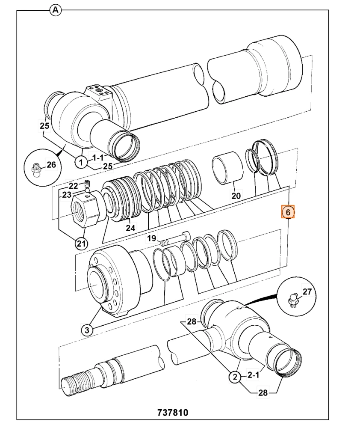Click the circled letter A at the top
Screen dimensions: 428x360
coord(55,10)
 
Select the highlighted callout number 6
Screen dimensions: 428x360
coord(288,212)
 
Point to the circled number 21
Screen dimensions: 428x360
coord(80,244)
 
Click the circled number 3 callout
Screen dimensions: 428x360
coord(87,330)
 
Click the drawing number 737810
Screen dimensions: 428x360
coord(173,413)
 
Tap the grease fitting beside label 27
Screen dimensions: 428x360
coord(292,299)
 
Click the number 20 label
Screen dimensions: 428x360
coord(236,196)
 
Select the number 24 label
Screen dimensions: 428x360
coord(130,229)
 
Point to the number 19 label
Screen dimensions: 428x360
coord(152,238)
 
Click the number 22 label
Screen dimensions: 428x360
coord(74,186)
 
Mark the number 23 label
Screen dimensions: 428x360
coord(66,195)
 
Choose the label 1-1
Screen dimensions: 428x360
coord(97,157)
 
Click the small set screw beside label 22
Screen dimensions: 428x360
coord(87,184)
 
